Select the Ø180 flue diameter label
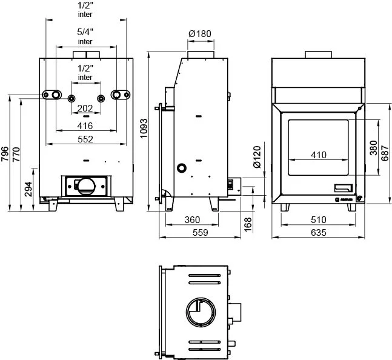click(199, 33)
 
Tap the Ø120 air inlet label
click(256, 156)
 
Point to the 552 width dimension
click(85, 139)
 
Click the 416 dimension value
click(85, 126)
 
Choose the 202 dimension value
click(86, 108)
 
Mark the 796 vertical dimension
click(5, 154)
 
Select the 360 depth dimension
click(192, 219)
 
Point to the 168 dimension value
click(247, 223)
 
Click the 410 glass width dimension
click(318, 155)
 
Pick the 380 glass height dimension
click(373, 147)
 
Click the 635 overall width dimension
click(318, 232)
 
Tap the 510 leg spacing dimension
click(318, 219)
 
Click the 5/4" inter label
click(85, 36)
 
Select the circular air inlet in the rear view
click(85, 184)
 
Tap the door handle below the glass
click(343, 187)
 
